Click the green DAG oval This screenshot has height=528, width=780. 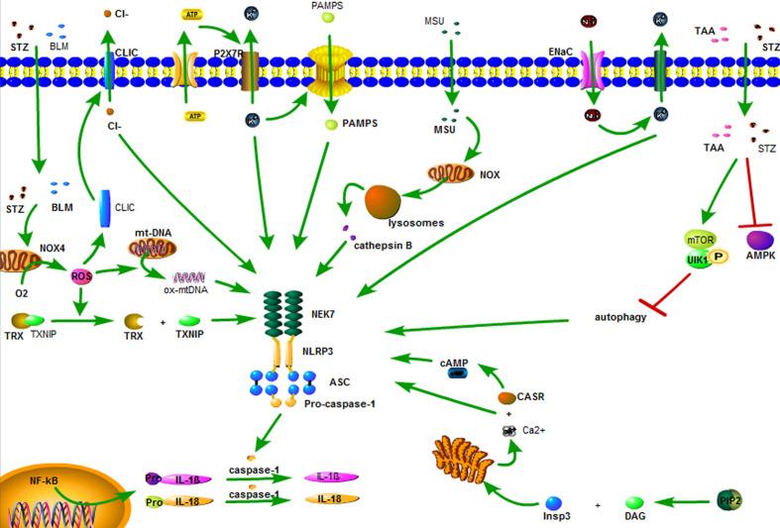(x=636, y=502)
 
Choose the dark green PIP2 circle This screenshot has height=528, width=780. (x=729, y=501)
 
